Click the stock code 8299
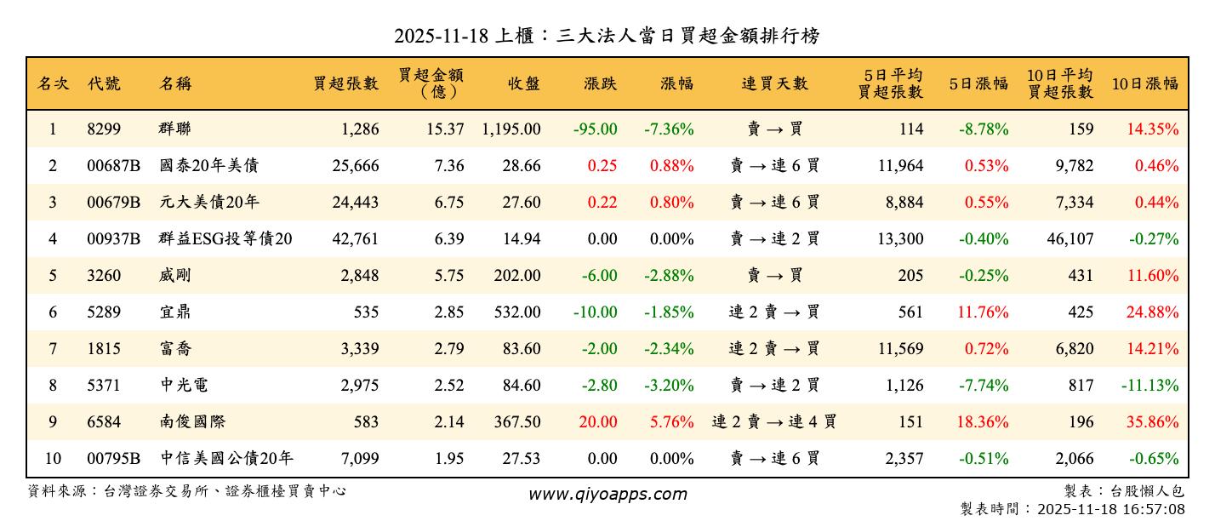point(104,129)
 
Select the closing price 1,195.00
point(511,129)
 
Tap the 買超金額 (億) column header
point(431,83)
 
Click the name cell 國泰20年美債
point(208,166)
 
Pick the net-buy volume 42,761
point(355,239)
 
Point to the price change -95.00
point(595,129)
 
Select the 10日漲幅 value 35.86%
point(1152,422)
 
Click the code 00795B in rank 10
point(113,459)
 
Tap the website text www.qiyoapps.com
point(607,494)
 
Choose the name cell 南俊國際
point(192,422)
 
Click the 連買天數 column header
point(774,83)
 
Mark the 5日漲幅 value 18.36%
point(983,422)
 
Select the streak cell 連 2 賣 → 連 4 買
point(774,422)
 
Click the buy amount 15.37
point(444,129)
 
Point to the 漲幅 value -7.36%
point(669,129)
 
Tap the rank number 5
point(53,276)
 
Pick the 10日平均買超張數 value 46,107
point(1070,239)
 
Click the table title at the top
point(607,36)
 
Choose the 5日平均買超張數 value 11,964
point(900,166)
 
